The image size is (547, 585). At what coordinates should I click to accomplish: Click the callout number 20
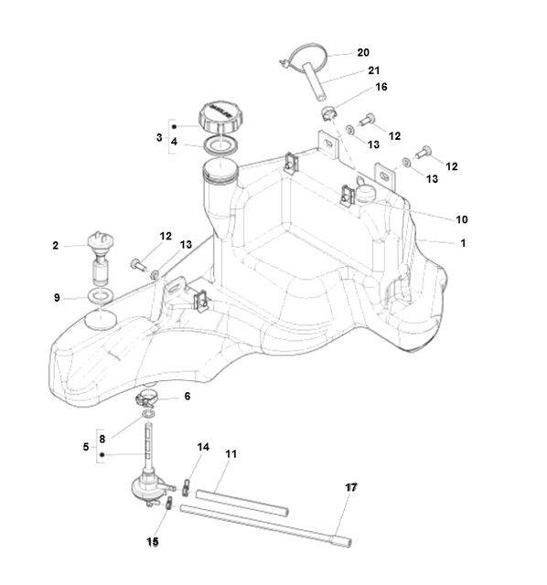click(x=363, y=53)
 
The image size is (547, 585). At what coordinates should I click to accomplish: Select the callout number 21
click(x=373, y=70)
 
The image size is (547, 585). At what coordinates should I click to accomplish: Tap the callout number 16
click(x=381, y=87)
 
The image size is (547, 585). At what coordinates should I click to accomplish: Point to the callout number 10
click(x=462, y=219)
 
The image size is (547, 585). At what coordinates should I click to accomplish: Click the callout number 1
click(x=463, y=243)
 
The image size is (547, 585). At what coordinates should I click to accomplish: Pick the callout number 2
click(x=55, y=246)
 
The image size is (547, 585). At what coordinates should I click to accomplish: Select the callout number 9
click(x=57, y=298)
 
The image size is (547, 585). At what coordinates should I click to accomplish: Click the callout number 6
click(x=188, y=396)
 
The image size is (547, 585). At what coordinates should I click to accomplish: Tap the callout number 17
click(x=351, y=487)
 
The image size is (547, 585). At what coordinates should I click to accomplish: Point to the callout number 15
click(x=153, y=542)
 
